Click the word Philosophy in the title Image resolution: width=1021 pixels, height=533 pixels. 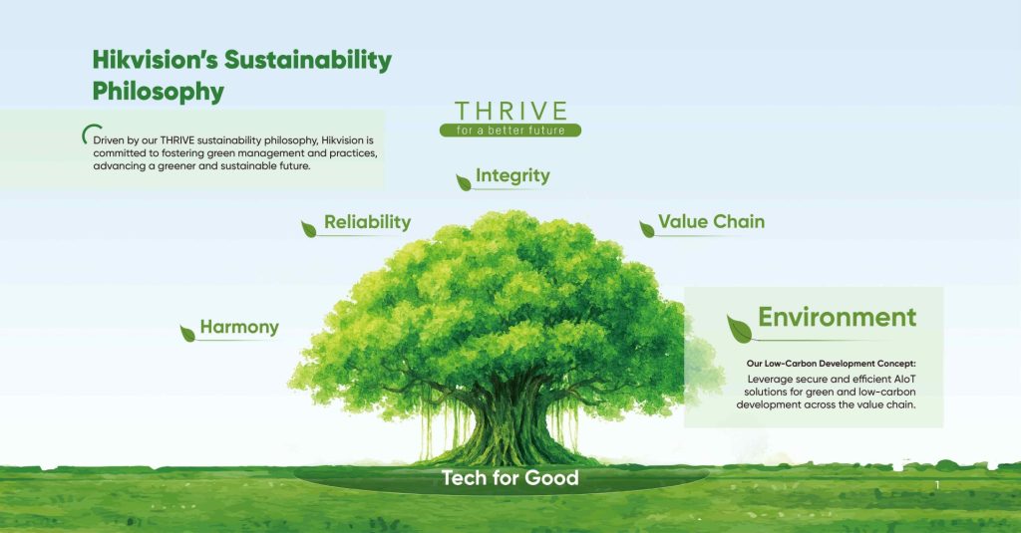click(x=159, y=92)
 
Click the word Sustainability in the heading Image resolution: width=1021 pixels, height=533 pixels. click(x=307, y=59)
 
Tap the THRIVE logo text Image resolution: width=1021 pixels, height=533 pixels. click(x=510, y=111)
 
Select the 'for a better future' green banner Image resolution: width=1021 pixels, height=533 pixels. click(x=510, y=131)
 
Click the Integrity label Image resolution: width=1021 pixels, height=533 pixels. click(x=512, y=176)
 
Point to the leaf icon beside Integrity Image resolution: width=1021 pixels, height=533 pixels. click(x=464, y=181)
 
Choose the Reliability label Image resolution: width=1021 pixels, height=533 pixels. click(x=367, y=222)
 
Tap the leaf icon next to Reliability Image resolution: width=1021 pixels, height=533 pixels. click(x=309, y=228)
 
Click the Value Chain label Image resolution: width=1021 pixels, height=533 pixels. click(x=711, y=221)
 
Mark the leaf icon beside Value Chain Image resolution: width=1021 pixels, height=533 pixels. click(x=647, y=228)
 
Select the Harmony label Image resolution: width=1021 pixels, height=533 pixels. click(x=239, y=327)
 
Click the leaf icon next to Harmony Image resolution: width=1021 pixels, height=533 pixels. click(x=187, y=333)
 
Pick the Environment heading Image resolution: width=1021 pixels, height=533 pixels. click(x=837, y=317)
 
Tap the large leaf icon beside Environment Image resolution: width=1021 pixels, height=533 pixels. click(x=739, y=326)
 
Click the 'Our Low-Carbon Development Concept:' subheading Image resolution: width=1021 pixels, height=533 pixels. click(x=830, y=364)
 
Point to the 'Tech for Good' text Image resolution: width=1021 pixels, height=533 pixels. click(x=510, y=478)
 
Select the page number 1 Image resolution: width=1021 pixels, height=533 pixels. click(x=937, y=485)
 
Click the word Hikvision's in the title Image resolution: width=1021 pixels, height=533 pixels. click(x=156, y=59)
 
